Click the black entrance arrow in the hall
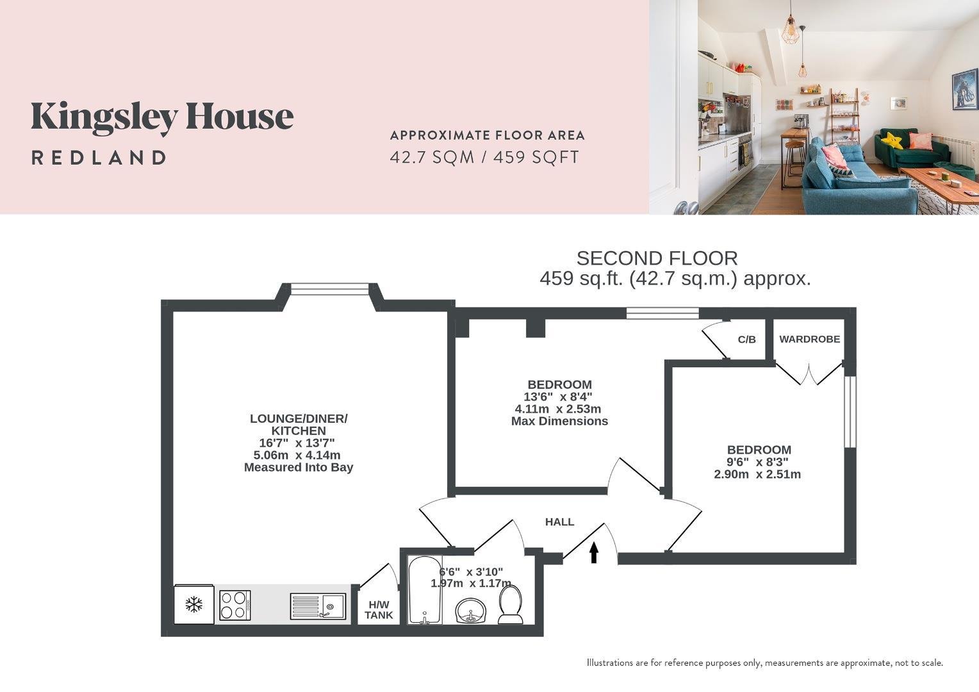593,552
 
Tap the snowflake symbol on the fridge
194,605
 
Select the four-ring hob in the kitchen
235,605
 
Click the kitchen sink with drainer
318,606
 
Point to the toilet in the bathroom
511,605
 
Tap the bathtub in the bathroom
425,589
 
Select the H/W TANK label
379,610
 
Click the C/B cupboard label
746,339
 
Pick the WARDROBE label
809,339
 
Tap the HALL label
559,522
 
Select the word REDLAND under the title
99,158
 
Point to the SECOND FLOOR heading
657,258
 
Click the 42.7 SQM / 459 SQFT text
484,157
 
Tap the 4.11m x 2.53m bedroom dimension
558,409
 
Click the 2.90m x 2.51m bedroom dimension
757,474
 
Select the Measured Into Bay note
299,467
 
